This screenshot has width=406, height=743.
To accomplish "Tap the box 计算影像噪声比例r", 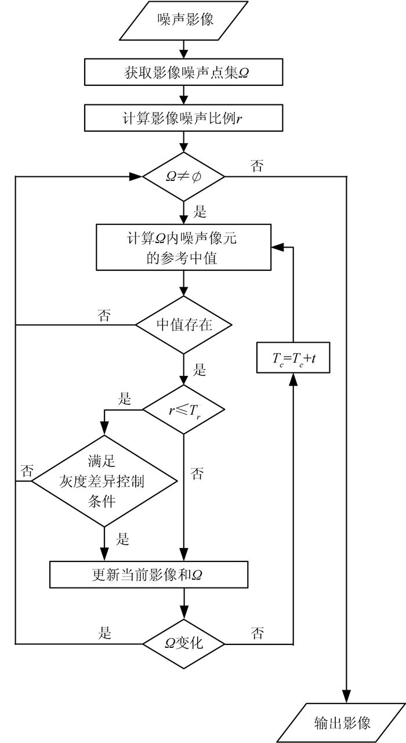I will click(184, 117).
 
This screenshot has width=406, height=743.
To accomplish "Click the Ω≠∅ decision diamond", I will click(183, 175).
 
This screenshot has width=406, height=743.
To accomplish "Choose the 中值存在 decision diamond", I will click(184, 325).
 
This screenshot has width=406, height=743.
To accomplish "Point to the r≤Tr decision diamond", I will click(184, 409).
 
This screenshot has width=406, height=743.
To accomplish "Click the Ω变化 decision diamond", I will click(184, 643).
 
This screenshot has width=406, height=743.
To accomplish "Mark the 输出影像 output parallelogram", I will click(348, 722).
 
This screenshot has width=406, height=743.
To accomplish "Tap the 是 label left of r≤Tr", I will click(125, 399).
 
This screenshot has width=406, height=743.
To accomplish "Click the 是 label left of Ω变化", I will click(106, 632).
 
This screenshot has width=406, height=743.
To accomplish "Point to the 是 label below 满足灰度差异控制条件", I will click(123, 539).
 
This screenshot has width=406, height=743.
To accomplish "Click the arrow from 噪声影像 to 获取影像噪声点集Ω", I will click(184, 49).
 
